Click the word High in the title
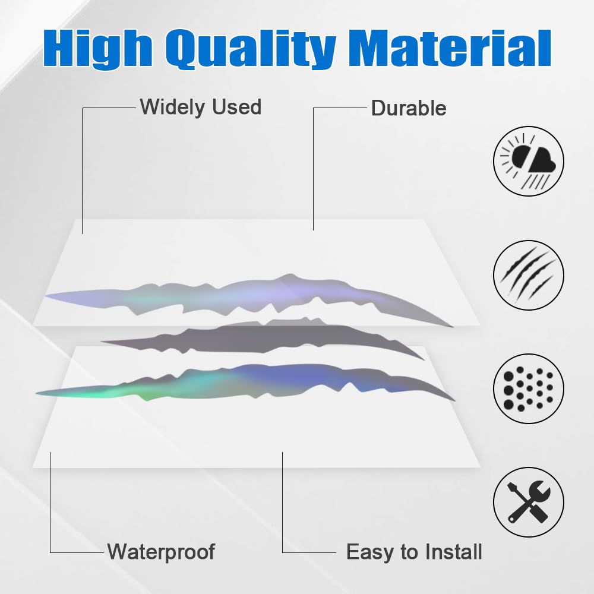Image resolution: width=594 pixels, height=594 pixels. pyautogui.click(x=98, y=48)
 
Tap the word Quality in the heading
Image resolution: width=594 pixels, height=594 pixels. pyautogui.click(x=251, y=48)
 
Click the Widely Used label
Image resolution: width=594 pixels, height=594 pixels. pyautogui.click(x=200, y=107)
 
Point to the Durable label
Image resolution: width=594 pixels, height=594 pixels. pyautogui.click(x=409, y=108)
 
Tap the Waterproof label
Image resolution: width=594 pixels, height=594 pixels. pyautogui.click(x=161, y=552)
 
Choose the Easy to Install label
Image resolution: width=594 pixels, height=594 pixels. pyautogui.click(x=414, y=552)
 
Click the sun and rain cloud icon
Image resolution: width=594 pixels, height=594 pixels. pyautogui.click(x=529, y=161)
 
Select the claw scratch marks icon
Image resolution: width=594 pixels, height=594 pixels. pyautogui.click(x=529, y=274)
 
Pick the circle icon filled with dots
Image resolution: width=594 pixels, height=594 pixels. pyautogui.click(x=529, y=388)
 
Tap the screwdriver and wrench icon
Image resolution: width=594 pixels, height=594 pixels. pyautogui.click(x=529, y=502)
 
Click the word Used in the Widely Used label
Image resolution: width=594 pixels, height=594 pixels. pyautogui.click(x=237, y=107)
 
